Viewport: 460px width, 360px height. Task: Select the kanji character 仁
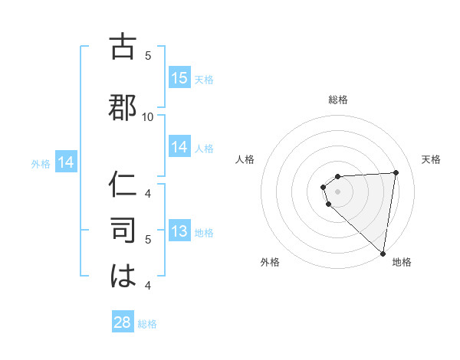coord(123,186)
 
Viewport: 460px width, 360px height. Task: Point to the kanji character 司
coord(123,230)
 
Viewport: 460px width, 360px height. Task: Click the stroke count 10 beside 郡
coord(148,116)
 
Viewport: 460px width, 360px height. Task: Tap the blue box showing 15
coord(179,78)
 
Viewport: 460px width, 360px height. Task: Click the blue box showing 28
coord(122,322)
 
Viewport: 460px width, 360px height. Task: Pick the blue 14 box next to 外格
coord(65,162)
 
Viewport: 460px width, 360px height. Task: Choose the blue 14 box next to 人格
coord(179,148)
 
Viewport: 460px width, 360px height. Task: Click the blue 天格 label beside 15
coord(203,80)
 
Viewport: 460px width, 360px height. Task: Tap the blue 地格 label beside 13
coord(204,233)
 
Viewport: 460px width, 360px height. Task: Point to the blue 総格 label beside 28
coord(147,324)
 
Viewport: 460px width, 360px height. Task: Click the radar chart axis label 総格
coord(338,100)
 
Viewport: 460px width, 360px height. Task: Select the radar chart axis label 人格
coord(245,159)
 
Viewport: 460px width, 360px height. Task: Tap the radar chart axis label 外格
coord(270,262)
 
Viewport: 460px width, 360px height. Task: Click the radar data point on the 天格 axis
coord(396,172)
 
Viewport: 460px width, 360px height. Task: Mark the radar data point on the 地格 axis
coord(383,253)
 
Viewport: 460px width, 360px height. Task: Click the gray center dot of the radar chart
coord(338,191)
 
